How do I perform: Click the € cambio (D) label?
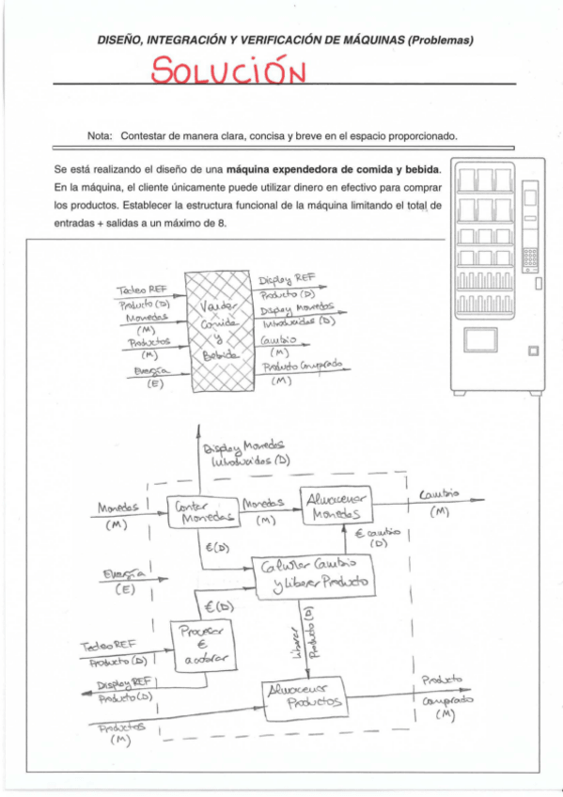pos(379,537)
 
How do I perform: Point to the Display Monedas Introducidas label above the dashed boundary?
pos(249,453)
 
